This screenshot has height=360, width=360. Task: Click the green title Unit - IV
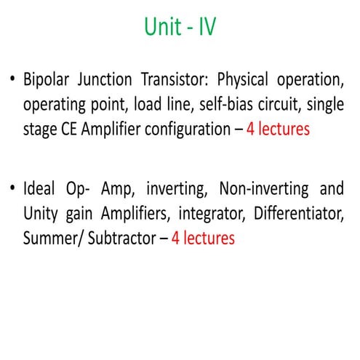pyautogui.click(x=180, y=29)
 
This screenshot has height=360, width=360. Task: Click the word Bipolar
pyautogui.click(x=45, y=79)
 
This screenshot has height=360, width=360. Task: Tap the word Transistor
pyautogui.click(x=166, y=79)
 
